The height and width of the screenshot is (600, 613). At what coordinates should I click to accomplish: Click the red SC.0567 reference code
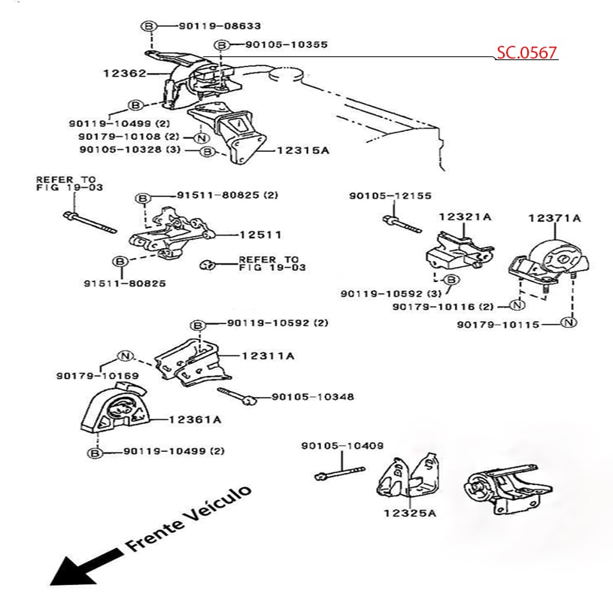tap(527, 53)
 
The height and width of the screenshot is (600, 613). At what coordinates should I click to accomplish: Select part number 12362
tap(124, 74)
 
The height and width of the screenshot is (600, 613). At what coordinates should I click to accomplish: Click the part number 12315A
tap(303, 150)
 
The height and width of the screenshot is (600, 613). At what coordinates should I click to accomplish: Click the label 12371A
tap(554, 218)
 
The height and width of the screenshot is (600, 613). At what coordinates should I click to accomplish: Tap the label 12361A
tap(195, 420)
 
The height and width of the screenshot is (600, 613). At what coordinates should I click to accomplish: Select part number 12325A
tap(410, 514)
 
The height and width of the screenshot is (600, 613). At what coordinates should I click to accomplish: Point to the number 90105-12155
tap(390, 195)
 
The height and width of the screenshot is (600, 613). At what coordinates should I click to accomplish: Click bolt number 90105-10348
tap(312, 396)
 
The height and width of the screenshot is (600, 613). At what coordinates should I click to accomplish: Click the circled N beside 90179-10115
tap(569, 323)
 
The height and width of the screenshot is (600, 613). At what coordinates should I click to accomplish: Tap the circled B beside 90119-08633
tap(148, 26)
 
